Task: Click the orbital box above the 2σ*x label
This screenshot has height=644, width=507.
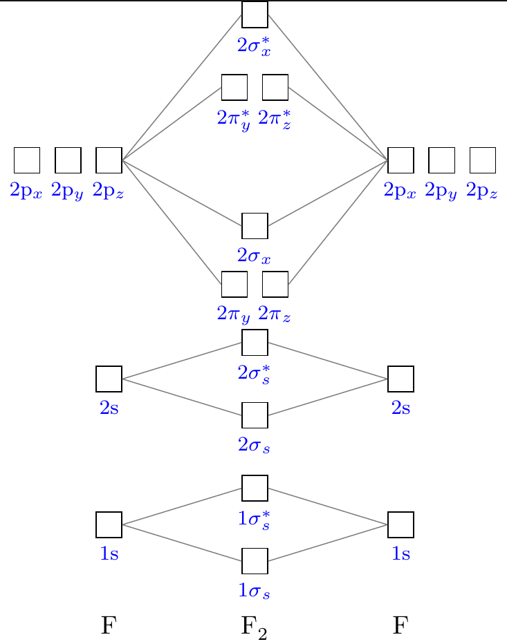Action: [254, 14]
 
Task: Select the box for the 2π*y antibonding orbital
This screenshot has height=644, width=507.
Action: [234, 87]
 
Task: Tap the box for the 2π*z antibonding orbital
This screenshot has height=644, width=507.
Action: [275, 87]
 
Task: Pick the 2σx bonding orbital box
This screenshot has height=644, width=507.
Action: [254, 226]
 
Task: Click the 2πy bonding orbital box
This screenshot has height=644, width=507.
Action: [234, 284]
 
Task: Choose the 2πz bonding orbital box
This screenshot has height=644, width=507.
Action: [275, 284]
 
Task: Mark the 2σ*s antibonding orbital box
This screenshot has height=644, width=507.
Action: [254, 342]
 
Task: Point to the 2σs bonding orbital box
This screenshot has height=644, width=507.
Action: [254, 415]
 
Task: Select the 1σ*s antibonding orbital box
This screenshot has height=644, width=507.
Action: [254, 488]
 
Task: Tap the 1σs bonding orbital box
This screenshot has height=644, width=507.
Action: [254, 560]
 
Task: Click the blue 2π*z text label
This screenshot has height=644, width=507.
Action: [275, 118]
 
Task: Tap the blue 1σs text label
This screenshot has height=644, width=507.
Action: [254, 592]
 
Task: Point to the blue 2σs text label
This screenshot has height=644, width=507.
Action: [254, 446]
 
